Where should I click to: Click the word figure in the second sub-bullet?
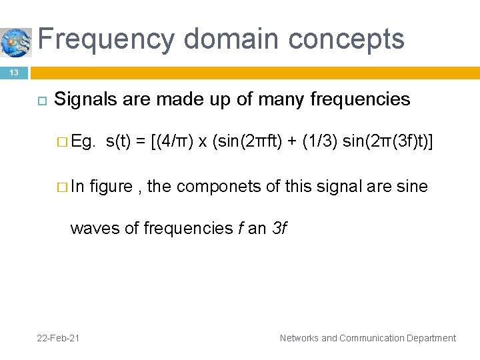pos(111,186)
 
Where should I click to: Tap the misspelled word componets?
pos(220,186)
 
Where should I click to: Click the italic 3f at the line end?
pos(279,228)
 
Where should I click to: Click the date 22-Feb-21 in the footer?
pos(59,338)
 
